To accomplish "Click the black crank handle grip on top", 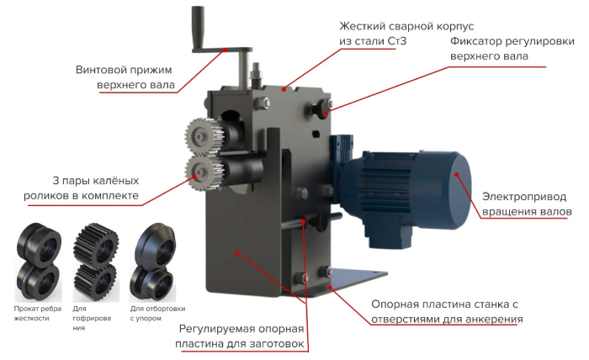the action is tap(198, 26).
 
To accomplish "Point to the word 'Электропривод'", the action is tap(524, 197).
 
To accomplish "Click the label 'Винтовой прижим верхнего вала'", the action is tap(125, 77).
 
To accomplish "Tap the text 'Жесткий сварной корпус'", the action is tap(406, 26).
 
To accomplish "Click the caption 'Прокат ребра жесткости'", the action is tap(38, 314).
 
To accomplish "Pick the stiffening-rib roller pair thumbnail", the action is tap(38, 262).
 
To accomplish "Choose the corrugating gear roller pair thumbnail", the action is tap(96, 262).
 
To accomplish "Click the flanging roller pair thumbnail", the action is tap(153, 262).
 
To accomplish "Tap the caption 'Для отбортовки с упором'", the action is tap(158, 314).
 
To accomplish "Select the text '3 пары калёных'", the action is tap(95, 181).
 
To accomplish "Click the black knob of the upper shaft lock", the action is tap(321, 109).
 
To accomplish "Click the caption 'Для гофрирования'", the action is tap(92, 318).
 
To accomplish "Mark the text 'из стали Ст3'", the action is tap(373, 41).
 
